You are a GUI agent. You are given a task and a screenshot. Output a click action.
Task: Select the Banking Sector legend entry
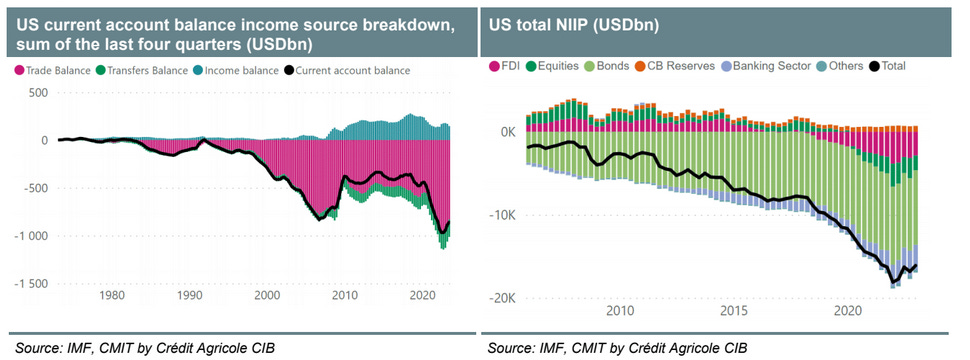(x=772, y=66)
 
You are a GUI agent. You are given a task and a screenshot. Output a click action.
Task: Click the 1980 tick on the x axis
(x=112, y=295)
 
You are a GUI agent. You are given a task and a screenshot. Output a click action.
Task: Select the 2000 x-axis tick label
(x=267, y=295)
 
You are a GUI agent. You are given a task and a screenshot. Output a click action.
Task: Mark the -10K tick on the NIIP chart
(x=501, y=215)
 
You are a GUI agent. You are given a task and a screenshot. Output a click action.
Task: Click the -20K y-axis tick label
(x=501, y=298)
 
